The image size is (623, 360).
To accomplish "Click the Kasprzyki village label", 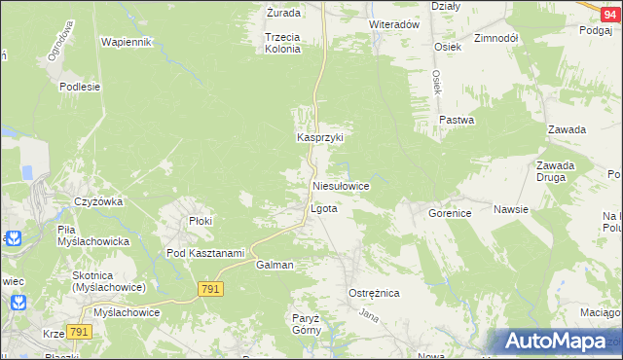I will pyautogui.click(x=320, y=138).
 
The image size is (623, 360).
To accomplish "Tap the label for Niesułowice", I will pyautogui.click(x=340, y=185).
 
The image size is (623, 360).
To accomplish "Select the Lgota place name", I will pyautogui.click(x=323, y=208).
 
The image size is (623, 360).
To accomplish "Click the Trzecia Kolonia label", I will pyautogui.click(x=282, y=42).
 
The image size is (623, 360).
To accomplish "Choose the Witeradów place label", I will pyautogui.click(x=393, y=23).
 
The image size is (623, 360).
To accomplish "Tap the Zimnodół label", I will pyautogui.click(x=495, y=38).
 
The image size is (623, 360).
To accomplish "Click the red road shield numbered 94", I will pyautogui.click(x=608, y=8).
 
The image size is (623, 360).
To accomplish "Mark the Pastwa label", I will pyautogui.click(x=456, y=121).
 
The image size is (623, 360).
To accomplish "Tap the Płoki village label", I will pyautogui.click(x=201, y=221).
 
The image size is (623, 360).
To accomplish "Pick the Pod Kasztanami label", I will pyautogui.click(x=204, y=253).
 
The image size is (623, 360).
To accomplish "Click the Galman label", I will pyautogui.click(x=275, y=265).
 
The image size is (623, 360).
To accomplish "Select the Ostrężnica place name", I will pyautogui.click(x=374, y=292).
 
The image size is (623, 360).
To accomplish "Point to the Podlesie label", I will pyautogui.click(x=80, y=87).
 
